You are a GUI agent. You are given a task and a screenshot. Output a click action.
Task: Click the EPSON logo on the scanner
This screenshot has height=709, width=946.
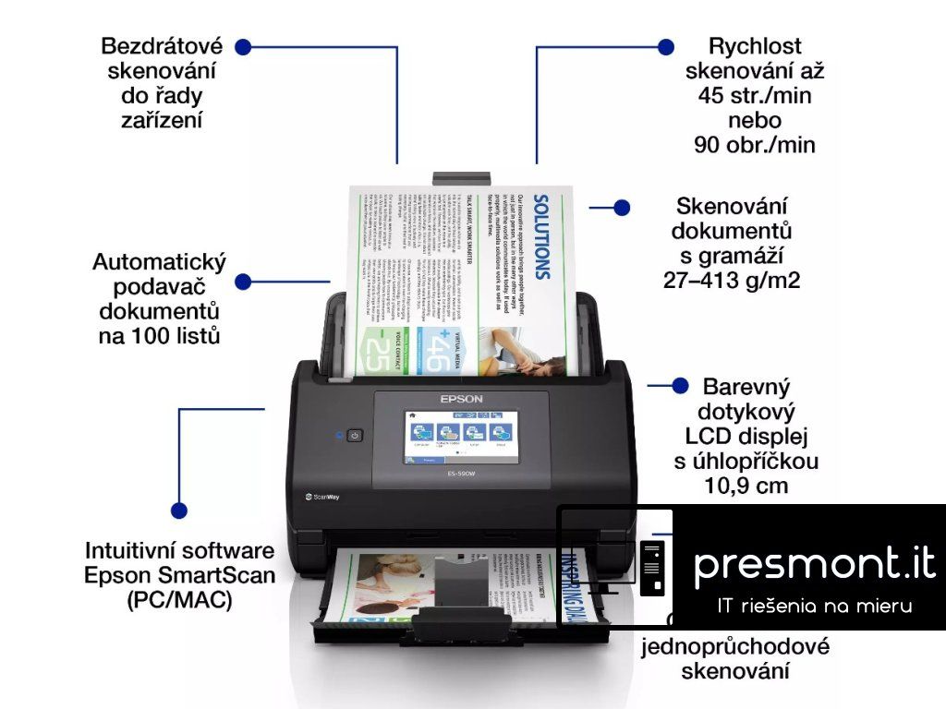pos(461,398)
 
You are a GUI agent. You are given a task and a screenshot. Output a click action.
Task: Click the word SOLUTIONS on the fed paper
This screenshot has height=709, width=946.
pos(543,235)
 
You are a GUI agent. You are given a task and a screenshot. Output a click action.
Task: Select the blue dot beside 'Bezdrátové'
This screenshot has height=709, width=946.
pos(243,46)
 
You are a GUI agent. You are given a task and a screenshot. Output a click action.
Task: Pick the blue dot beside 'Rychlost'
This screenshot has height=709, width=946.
pos(664,46)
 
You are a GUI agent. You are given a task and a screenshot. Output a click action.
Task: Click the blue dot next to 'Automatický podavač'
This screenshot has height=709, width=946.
pos(243,282)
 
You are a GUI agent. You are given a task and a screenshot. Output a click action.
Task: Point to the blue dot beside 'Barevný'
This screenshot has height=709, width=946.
pos(681,386)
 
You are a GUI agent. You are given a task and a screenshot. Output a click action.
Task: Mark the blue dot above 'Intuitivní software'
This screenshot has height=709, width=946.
pos(179,509)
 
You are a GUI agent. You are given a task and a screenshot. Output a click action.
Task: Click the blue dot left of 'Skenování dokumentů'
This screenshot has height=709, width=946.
pos(622,208)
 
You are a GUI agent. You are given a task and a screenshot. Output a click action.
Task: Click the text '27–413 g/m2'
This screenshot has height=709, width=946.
pos(731,280)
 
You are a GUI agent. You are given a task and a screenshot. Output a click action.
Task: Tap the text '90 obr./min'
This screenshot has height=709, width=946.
pos(754,145)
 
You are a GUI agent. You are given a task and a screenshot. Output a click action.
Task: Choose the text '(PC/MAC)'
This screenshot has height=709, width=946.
pos(179,599)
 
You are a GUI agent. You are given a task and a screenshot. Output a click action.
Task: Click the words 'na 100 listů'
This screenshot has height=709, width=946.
pos(159,335)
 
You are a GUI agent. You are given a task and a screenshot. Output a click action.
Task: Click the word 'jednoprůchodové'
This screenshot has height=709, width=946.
pos(735,646)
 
